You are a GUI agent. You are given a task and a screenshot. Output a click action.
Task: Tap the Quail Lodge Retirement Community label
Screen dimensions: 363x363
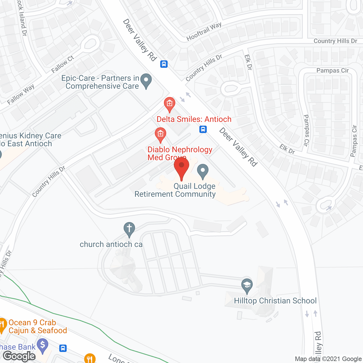175,190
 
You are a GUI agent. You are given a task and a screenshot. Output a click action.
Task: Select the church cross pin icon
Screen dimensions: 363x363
129,229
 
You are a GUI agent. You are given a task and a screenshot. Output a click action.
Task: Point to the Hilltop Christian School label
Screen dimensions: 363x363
275,301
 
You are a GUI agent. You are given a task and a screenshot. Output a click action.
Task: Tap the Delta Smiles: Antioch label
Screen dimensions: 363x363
194,119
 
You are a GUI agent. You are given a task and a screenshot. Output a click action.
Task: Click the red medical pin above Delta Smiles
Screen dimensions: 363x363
170,104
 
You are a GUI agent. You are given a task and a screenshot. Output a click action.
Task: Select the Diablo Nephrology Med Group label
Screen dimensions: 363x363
180,153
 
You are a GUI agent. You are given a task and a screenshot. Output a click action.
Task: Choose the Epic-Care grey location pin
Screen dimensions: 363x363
146,81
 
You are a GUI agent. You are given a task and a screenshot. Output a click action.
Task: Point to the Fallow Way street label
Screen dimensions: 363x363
21,94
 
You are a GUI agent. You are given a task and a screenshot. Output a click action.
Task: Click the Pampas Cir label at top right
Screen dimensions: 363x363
332,70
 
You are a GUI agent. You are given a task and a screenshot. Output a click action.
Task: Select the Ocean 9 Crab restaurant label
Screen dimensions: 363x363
38,326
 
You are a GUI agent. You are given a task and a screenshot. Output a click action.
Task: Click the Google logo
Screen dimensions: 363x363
19,356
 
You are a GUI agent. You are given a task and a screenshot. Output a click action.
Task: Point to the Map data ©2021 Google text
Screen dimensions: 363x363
328,359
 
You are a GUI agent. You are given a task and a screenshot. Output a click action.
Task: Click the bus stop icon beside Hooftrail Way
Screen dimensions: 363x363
164,64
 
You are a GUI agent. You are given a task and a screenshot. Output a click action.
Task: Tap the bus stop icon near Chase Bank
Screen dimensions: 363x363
63,348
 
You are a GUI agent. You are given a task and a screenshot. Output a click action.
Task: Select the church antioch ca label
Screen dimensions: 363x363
111,244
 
